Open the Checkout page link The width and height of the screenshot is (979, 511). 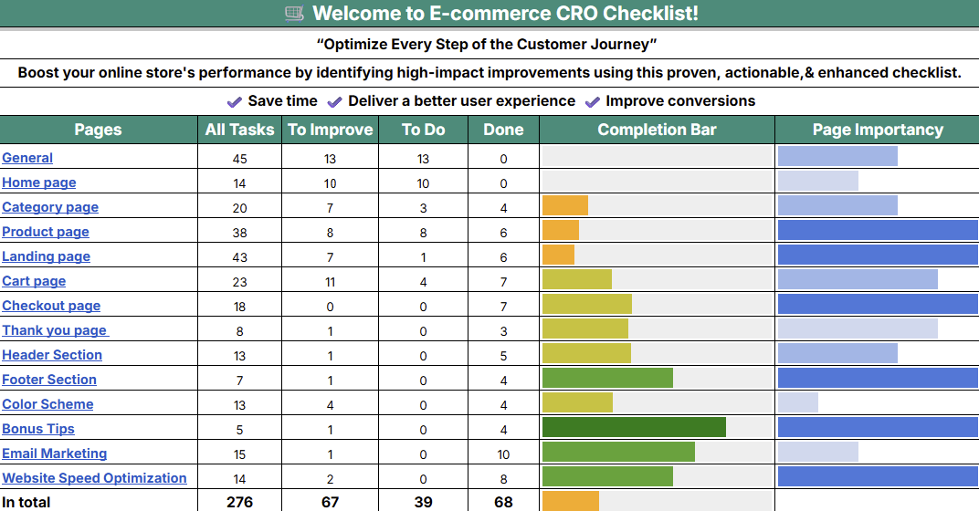click(x=51, y=306)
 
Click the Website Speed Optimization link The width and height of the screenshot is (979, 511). click(x=94, y=478)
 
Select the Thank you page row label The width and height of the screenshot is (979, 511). click(x=54, y=330)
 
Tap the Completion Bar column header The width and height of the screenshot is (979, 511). click(x=657, y=130)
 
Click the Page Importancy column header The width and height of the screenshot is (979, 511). click(x=877, y=130)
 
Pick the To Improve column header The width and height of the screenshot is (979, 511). click(x=330, y=130)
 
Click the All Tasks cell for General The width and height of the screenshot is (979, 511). click(x=239, y=159)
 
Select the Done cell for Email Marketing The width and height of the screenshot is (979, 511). click(x=503, y=454)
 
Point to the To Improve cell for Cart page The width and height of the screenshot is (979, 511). click(x=330, y=281)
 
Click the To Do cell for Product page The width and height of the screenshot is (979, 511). click(x=423, y=232)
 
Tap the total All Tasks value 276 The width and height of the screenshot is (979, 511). click(x=239, y=502)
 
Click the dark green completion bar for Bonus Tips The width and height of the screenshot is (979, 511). click(x=634, y=428)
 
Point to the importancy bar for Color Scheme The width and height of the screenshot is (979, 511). click(x=797, y=402)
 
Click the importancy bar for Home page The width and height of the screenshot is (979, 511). click(x=817, y=181)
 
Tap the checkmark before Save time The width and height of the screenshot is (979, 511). click(x=235, y=101)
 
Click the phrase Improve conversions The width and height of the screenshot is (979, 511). click(x=680, y=101)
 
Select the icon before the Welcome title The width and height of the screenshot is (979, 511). click(x=294, y=13)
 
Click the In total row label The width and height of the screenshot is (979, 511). click(x=26, y=502)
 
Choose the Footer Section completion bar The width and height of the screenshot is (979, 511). click(x=607, y=379)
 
